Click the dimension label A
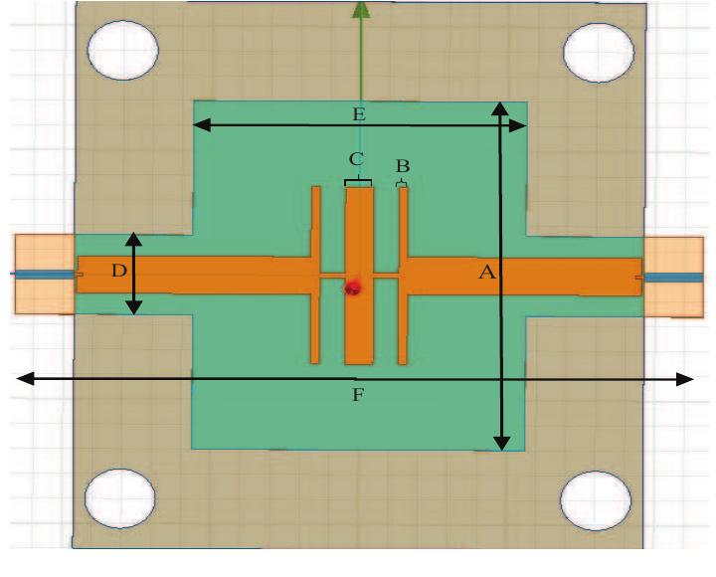486,274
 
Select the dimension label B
402,165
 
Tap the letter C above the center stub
356,159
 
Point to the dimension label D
118,272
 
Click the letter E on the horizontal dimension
359,113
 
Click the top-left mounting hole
122,50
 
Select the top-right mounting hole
599,50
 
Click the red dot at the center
352,288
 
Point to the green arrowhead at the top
360,10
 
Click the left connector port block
44,274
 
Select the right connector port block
673,276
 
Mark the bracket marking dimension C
358,182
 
